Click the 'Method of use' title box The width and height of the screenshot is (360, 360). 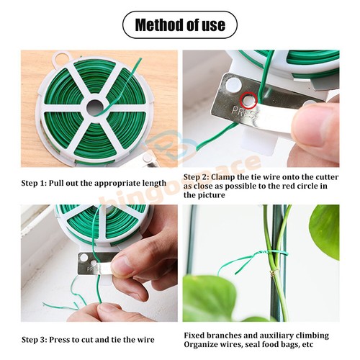179,25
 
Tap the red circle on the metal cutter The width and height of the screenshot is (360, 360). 248,99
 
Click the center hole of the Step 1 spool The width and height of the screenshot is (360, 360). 94,109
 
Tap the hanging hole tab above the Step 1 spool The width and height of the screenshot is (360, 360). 63,56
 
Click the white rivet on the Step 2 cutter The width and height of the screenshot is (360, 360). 230,85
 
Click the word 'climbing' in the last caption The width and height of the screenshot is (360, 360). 310,335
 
